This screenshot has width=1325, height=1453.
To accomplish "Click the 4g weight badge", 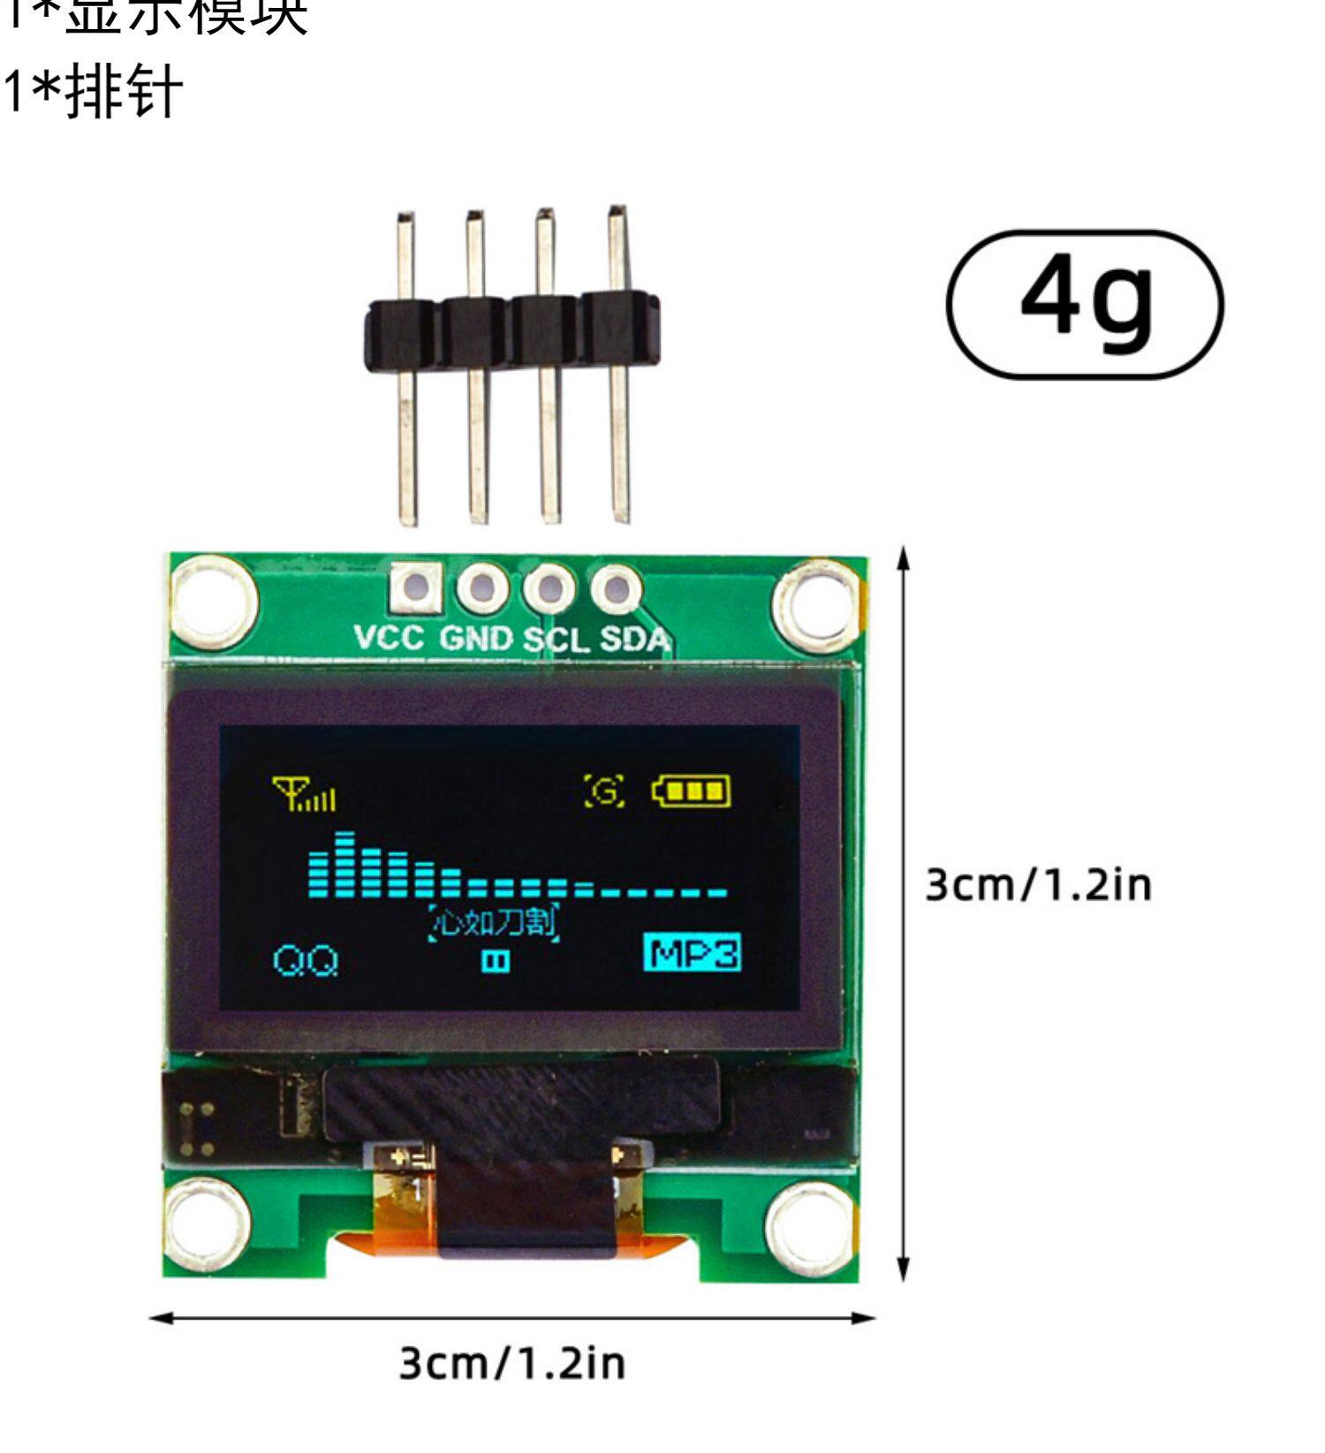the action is click(1085, 304).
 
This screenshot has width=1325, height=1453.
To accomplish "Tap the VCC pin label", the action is click(390, 637).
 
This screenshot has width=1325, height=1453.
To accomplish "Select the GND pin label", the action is click(475, 638).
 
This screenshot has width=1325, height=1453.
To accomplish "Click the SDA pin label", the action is click(633, 639).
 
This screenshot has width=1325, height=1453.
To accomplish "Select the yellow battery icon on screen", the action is click(692, 791).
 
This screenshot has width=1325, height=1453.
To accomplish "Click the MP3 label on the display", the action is click(692, 954).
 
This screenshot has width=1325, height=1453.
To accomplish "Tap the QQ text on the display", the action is click(306, 960).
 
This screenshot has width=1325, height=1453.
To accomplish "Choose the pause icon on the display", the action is click(496, 961).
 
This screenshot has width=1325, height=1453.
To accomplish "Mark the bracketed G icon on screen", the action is click(605, 791).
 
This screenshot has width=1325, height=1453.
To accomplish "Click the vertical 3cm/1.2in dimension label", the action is click(1038, 884).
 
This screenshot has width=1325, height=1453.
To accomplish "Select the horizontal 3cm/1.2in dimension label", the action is click(512, 1363).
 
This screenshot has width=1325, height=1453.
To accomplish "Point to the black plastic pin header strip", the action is click(512, 331).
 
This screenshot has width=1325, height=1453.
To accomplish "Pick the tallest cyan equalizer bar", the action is click(344, 863).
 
